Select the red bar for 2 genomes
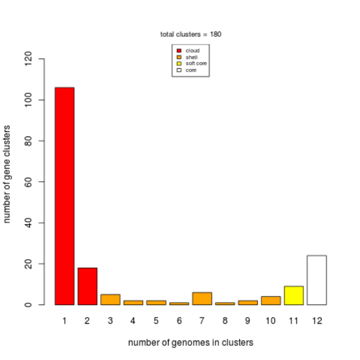tap(87, 286)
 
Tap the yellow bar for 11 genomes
tap(294, 295)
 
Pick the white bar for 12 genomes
tap(316, 280)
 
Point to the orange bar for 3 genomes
tap(110, 299)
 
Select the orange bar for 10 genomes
tap(271, 300)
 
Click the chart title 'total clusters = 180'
tap(191, 34)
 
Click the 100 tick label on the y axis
tap(29, 100)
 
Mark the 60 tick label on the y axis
tap(29, 182)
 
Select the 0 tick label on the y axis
tap(29, 304)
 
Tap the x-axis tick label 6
tap(179, 322)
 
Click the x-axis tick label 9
tap(248, 322)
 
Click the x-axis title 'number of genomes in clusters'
tap(190, 343)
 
